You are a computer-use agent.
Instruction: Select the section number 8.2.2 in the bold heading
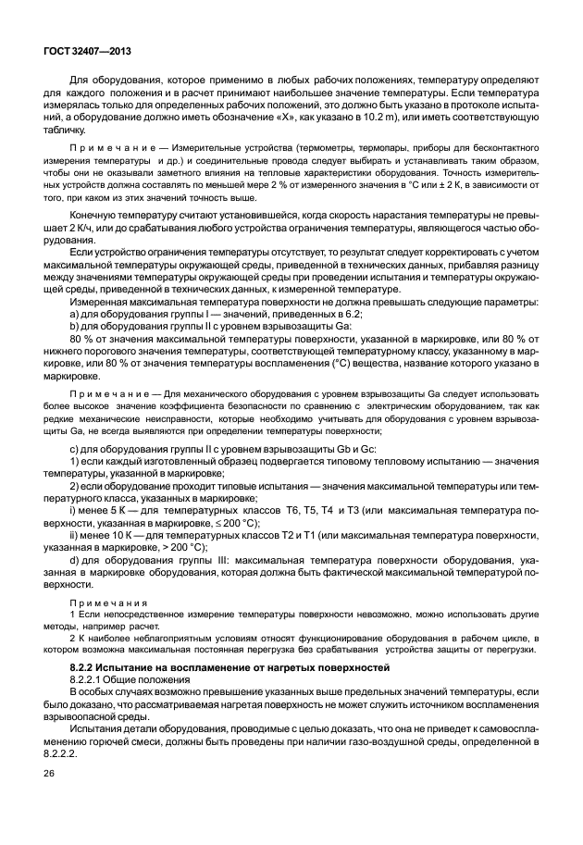click(85, 666)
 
